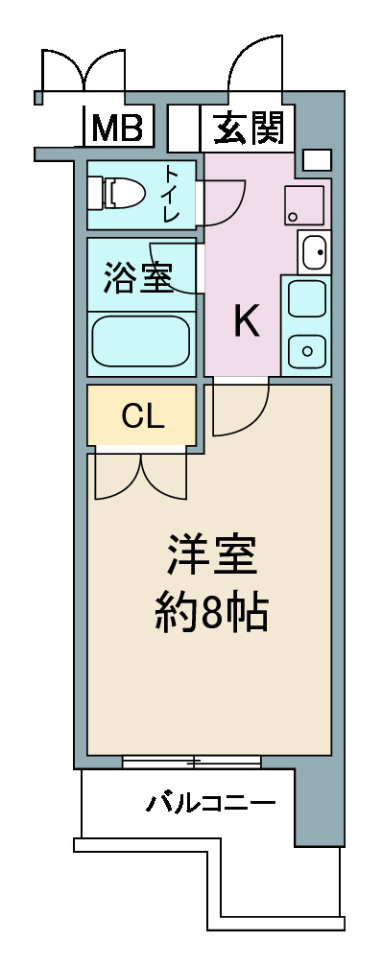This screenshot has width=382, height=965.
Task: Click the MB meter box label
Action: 118,128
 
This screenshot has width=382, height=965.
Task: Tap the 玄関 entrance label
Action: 250,128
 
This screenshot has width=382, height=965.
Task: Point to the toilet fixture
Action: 115,193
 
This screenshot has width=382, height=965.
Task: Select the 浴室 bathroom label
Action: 137,277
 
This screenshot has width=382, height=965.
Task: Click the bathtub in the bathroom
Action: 141,341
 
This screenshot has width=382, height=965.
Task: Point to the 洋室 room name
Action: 211,555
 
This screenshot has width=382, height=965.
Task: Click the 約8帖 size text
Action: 211,611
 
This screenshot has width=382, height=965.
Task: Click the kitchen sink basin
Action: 314,251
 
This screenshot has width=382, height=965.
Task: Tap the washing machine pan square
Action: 304,205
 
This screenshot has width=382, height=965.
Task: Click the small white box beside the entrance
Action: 318,160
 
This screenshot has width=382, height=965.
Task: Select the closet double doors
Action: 141,477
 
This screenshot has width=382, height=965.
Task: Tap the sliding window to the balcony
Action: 192,763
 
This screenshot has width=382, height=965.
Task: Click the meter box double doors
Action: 84,71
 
